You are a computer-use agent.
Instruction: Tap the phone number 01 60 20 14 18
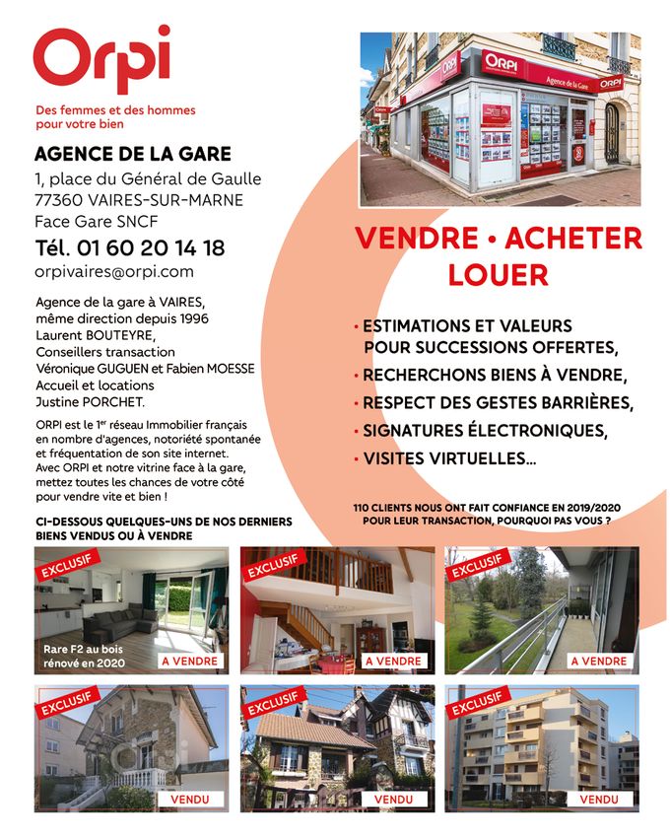coord(129,247)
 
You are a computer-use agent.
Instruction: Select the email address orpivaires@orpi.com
coord(114,272)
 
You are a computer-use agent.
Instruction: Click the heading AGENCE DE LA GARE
coord(133,154)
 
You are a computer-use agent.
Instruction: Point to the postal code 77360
coord(57,200)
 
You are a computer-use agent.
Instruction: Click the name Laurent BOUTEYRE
coord(95,335)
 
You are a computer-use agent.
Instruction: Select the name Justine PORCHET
coord(90,402)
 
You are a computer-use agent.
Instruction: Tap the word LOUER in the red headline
coord(498,275)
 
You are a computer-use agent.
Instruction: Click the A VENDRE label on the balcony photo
coord(598,661)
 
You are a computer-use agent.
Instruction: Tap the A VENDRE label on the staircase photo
coord(392,661)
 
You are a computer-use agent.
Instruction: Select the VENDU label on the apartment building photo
coord(598,799)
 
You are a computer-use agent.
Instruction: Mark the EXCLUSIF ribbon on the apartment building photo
coord(479,701)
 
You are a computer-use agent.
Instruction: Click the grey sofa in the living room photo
coord(119,620)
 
